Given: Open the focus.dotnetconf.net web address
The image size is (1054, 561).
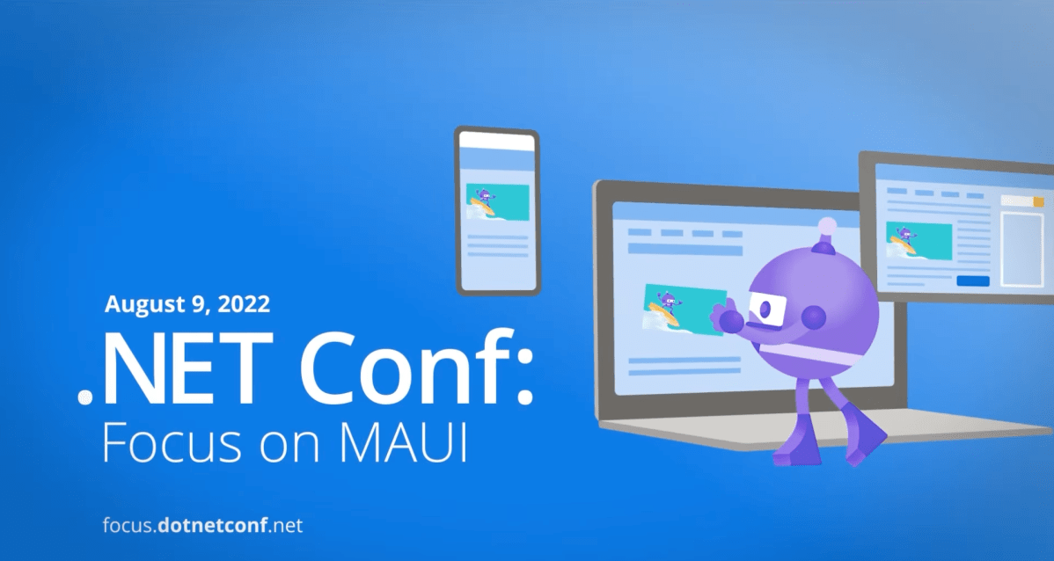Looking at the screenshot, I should (202, 527).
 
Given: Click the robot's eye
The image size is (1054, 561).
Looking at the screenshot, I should (765, 309).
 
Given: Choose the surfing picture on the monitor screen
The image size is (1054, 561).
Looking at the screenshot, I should (919, 239).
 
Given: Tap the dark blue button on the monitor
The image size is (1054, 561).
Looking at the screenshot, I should (972, 280).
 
